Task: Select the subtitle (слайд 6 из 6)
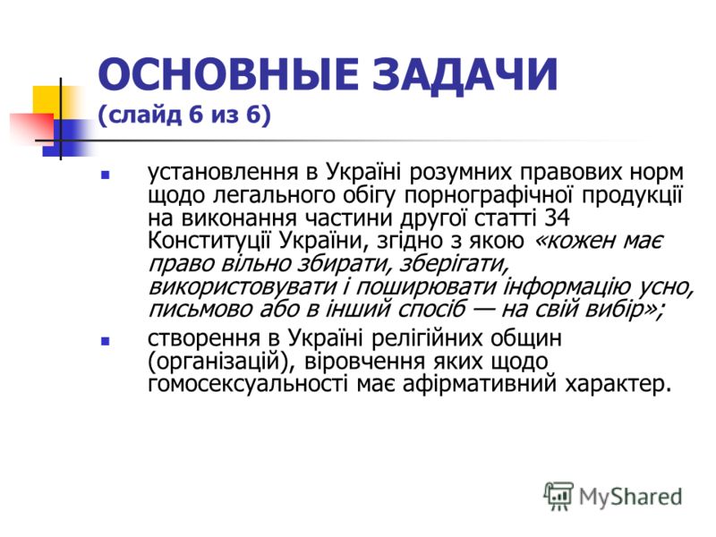184,115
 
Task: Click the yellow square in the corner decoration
51,100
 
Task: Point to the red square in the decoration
31,129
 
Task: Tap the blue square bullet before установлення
105,175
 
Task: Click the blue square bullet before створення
105,341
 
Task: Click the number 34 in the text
557,217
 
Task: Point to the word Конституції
209,242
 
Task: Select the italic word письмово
200,310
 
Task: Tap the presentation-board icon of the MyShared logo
558,496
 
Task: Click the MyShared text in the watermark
631,497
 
